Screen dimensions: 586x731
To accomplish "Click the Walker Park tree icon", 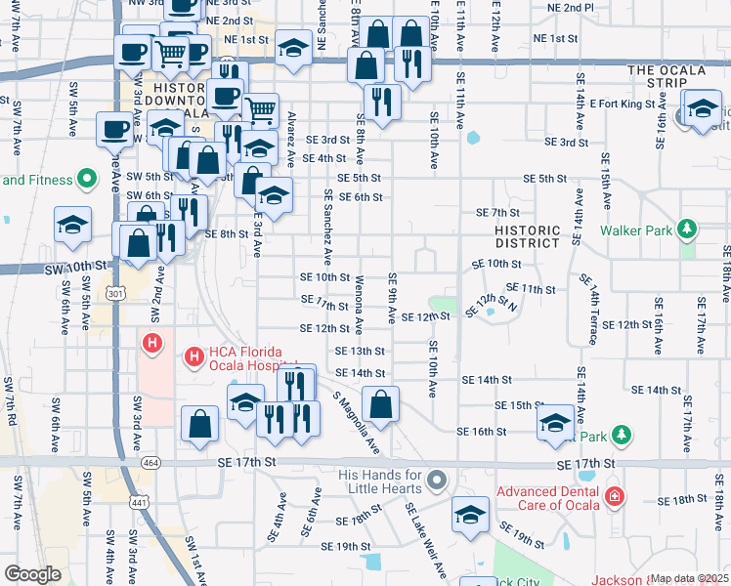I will point(689,230).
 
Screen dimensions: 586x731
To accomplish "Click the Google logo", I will point(32,574).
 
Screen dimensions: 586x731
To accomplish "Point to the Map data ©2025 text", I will point(689,578).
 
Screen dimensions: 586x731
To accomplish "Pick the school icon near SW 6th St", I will point(73,226).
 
